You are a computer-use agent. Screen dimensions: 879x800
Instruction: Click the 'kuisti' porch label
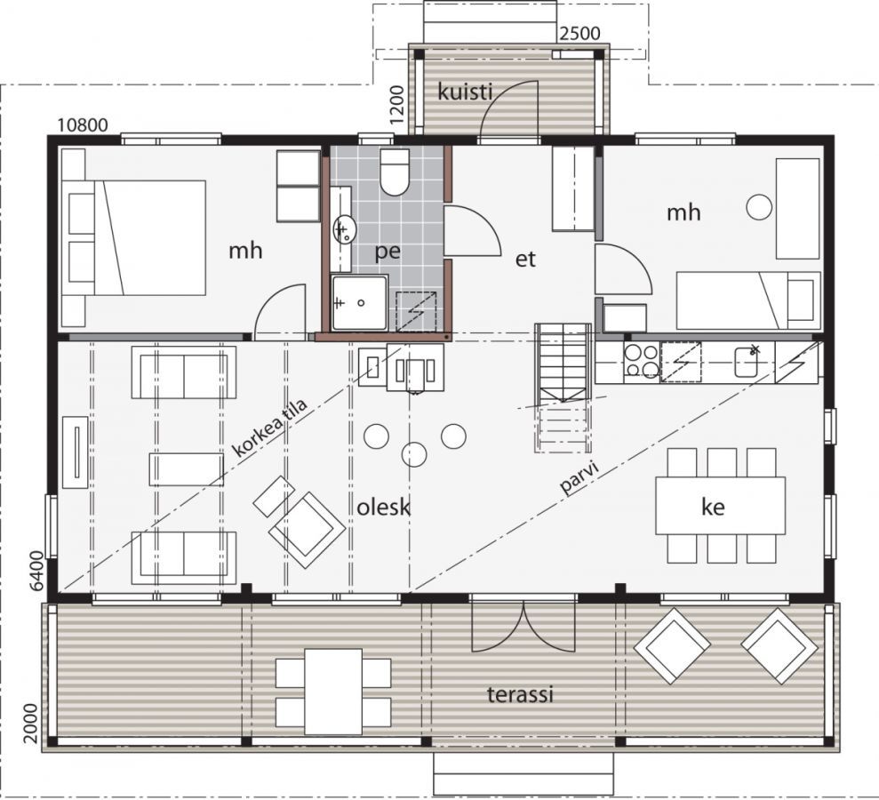click(x=465, y=92)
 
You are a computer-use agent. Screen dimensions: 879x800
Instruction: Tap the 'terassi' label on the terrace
click(x=520, y=694)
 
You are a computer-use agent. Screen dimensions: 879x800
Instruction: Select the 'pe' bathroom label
click(x=388, y=252)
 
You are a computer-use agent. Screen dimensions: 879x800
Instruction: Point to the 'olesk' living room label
click(x=384, y=508)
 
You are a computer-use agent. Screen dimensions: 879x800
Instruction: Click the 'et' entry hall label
click(x=526, y=259)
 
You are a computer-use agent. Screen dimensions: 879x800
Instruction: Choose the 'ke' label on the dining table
click(x=713, y=507)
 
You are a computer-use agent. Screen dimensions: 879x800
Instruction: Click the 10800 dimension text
click(x=83, y=124)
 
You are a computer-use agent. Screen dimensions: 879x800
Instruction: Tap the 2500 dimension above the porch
click(x=580, y=34)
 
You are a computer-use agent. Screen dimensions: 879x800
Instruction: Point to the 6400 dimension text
click(x=36, y=572)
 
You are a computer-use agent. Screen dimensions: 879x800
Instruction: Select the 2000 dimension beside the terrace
click(x=31, y=724)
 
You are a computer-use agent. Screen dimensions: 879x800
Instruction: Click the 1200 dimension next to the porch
click(x=397, y=105)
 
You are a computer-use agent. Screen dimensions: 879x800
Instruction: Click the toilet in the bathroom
click(x=395, y=172)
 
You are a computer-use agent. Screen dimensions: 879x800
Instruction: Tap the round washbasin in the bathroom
click(x=342, y=229)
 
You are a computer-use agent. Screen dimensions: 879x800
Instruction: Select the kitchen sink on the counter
click(x=747, y=362)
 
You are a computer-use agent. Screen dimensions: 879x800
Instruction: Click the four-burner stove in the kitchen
click(x=642, y=362)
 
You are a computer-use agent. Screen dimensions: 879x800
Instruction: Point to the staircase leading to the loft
click(x=563, y=388)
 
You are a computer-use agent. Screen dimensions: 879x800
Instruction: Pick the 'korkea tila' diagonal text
click(x=269, y=428)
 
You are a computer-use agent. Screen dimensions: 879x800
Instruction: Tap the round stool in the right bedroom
click(x=759, y=207)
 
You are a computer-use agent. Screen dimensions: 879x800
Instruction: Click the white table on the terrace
click(x=333, y=692)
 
